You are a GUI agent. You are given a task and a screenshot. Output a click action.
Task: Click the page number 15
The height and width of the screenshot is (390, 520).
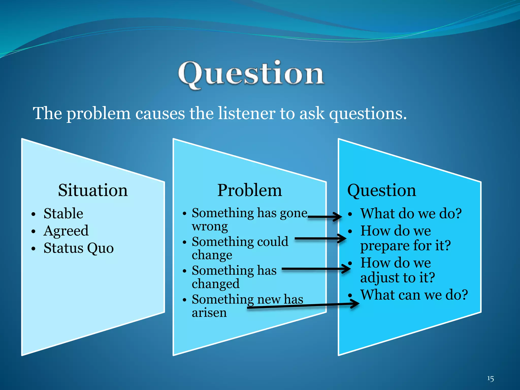click(x=490, y=379)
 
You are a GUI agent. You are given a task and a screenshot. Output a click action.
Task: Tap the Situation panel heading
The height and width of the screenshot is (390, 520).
click(x=93, y=190)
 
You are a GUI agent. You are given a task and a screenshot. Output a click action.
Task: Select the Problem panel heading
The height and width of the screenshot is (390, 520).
click(x=250, y=190)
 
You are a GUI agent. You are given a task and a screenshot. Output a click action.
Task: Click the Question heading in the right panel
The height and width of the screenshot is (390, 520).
click(x=382, y=190)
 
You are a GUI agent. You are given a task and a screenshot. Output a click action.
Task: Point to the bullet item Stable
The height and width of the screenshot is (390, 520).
click(x=63, y=213)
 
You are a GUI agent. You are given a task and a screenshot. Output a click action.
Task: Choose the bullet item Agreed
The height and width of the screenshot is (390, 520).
click(x=66, y=231)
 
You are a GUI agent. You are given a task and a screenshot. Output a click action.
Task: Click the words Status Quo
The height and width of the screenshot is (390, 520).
click(x=78, y=248)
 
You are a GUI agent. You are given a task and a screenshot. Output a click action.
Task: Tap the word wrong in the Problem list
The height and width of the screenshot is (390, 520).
click(x=210, y=226)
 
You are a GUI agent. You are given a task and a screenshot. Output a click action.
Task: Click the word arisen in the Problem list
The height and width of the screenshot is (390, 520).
click(x=209, y=313)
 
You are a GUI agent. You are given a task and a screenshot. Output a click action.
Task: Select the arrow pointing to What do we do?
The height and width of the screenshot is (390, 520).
click(x=325, y=217)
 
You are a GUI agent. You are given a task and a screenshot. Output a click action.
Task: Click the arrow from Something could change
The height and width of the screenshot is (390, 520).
click(x=320, y=238)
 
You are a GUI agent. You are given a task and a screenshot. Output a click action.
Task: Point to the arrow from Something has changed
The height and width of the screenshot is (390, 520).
click(x=316, y=269)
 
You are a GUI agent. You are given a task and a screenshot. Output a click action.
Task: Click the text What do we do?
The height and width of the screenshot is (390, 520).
click(x=411, y=213)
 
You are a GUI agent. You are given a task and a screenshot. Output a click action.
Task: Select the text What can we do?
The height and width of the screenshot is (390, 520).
click(x=414, y=295)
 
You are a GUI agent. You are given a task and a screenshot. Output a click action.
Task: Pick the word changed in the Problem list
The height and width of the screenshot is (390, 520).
click(x=216, y=284)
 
